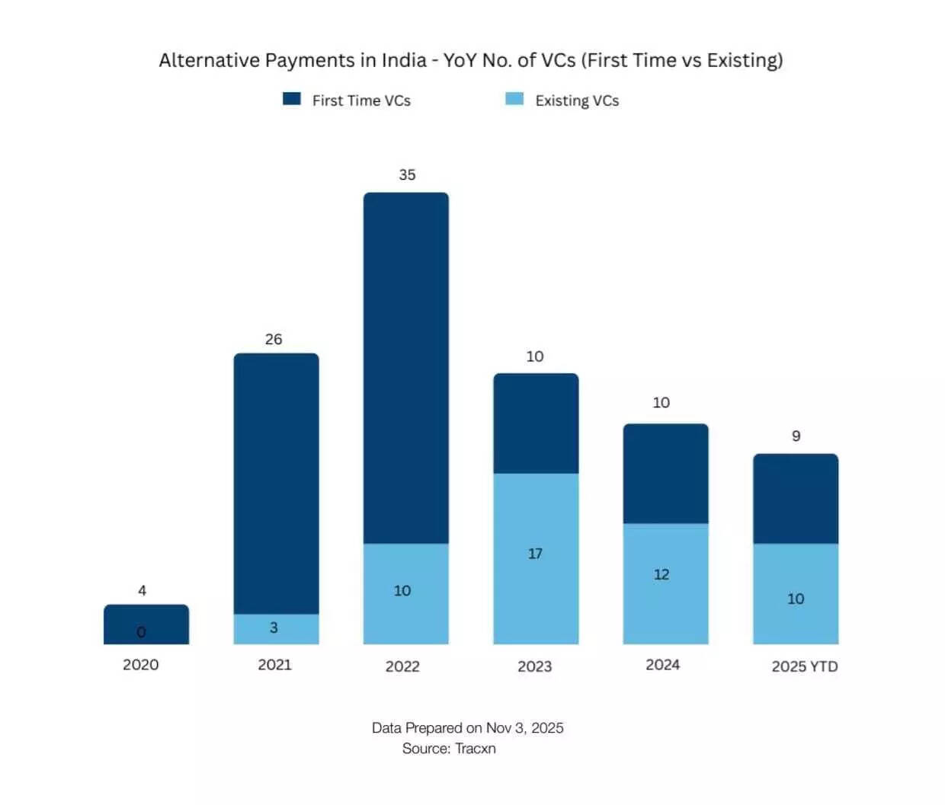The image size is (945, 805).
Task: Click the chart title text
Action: pyautogui.click(x=470, y=60)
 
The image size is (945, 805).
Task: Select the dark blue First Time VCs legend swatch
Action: pyautogui.click(x=291, y=99)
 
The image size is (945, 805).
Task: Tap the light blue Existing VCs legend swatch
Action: pyautogui.click(x=514, y=99)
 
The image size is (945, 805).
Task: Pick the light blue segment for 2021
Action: pyautogui.click(x=276, y=629)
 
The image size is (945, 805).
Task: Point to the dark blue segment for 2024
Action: pyautogui.click(x=665, y=473)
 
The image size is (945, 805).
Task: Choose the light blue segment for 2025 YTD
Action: pyautogui.click(x=796, y=594)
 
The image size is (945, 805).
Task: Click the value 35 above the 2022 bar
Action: pyautogui.click(x=407, y=175)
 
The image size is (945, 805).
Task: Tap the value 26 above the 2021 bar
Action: pyautogui.click(x=274, y=340)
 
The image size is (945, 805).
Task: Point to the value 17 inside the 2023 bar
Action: pyautogui.click(x=535, y=554)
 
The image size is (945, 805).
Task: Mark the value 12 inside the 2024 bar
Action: pyautogui.click(x=661, y=574)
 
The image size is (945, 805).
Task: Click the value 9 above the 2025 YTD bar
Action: pyautogui.click(x=796, y=436)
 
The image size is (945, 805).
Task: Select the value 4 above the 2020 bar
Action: pyautogui.click(x=143, y=590)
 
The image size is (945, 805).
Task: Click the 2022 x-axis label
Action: pyautogui.click(x=402, y=666)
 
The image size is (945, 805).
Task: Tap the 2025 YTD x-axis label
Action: pyautogui.click(x=804, y=666)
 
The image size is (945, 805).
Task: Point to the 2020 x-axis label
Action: pyautogui.click(x=141, y=665)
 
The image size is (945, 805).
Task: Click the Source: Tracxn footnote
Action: pyautogui.click(x=449, y=749)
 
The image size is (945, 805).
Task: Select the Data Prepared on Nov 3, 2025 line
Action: pyautogui.click(x=467, y=728)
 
